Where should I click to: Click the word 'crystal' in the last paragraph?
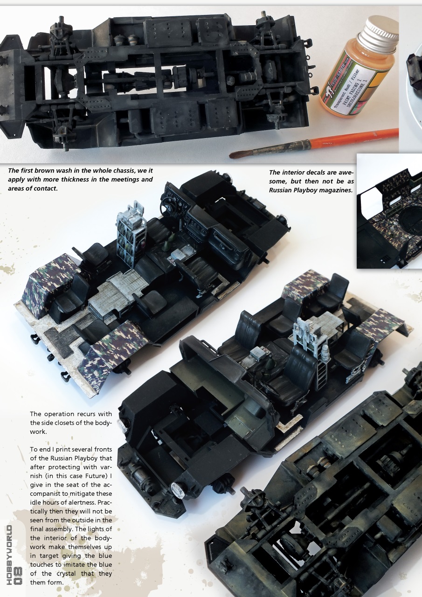point(71,574)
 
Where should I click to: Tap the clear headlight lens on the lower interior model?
point(178,490)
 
